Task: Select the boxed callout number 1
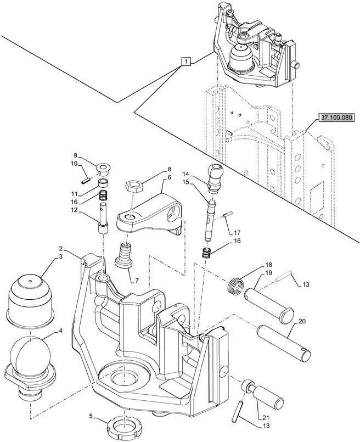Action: coord(186,61)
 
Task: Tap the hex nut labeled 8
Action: coord(134,186)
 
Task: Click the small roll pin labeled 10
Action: coord(85,182)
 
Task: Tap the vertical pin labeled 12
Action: coord(103,217)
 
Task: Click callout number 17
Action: coord(237,233)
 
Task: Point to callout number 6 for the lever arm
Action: coord(169,177)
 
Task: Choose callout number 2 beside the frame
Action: coord(60,248)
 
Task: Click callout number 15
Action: coord(193,182)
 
